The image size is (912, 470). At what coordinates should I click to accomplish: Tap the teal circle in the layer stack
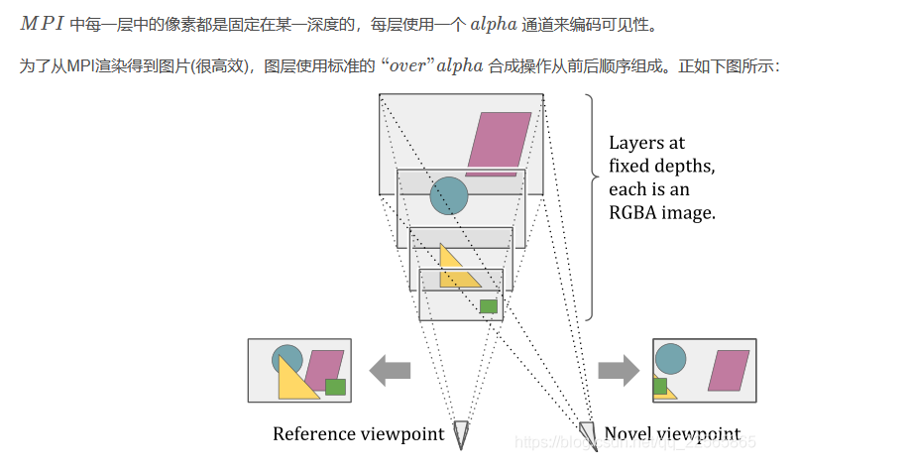point(448,195)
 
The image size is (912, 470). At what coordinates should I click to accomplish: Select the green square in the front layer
point(488,306)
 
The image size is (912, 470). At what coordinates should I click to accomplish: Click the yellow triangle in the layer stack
point(455,271)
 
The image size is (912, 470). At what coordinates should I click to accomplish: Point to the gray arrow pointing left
point(390,372)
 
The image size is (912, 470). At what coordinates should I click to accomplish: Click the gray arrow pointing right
point(619,372)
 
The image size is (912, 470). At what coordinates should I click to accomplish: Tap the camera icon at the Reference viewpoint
point(461,433)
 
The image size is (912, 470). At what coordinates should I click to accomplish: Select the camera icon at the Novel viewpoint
point(588,433)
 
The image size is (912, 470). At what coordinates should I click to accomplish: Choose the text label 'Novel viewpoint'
point(671,434)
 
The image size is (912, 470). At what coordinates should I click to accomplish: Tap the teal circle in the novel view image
point(670,359)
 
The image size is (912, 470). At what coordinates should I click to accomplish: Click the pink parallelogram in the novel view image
point(729,371)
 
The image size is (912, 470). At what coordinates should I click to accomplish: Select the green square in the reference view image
point(335,387)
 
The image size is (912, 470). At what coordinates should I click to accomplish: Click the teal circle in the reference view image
point(286,356)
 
